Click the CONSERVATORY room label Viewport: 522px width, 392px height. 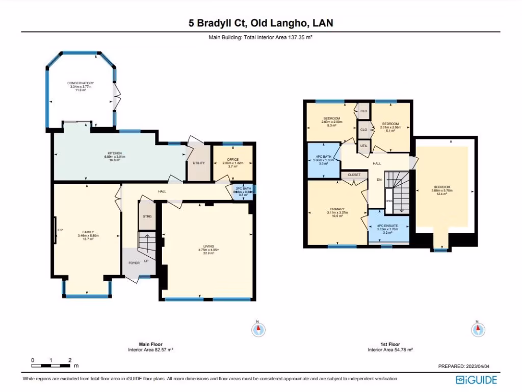click(x=82, y=83)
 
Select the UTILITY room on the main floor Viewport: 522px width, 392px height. click(x=198, y=163)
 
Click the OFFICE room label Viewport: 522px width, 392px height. click(x=232, y=160)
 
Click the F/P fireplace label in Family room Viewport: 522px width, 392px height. click(x=60, y=230)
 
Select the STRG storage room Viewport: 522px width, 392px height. click(x=147, y=216)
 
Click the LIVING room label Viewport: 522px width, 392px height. click(x=208, y=247)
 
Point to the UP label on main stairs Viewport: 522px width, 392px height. click(x=146, y=261)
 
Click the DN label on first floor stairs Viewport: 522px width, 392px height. click(x=379, y=180)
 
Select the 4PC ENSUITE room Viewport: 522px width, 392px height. click(x=388, y=226)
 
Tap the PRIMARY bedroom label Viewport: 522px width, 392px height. click(x=337, y=209)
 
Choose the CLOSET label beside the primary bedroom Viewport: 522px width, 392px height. click(x=354, y=175)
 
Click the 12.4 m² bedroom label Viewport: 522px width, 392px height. click(x=441, y=187)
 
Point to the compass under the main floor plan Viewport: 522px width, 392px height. click(x=258, y=330)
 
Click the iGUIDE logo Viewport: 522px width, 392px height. click(x=478, y=380)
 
